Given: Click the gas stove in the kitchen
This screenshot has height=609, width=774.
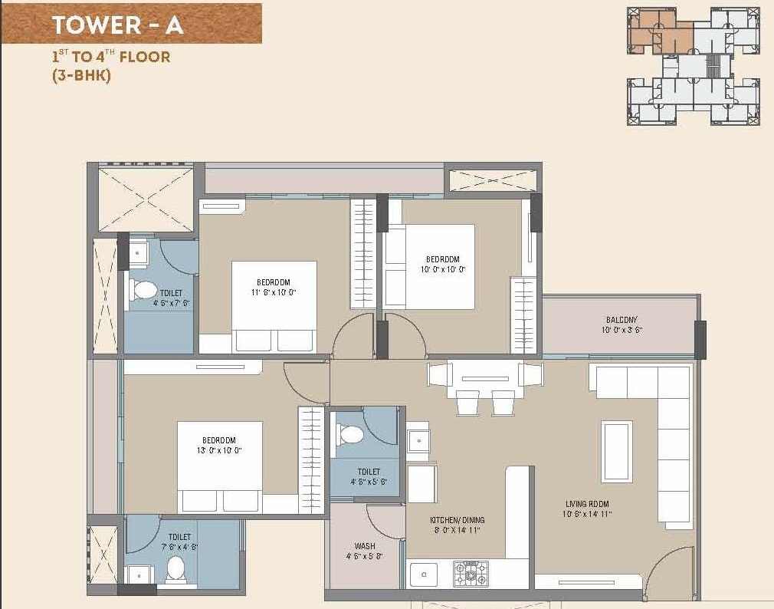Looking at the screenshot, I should click(470, 573).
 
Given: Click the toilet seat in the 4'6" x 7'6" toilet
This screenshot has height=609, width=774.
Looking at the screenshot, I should click(143, 290).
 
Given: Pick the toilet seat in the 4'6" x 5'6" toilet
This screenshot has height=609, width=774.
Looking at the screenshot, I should click(350, 435).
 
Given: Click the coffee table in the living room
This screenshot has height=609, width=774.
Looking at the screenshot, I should click(617, 452).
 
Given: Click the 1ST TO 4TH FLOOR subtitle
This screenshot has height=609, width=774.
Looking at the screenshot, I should click(110, 57).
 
